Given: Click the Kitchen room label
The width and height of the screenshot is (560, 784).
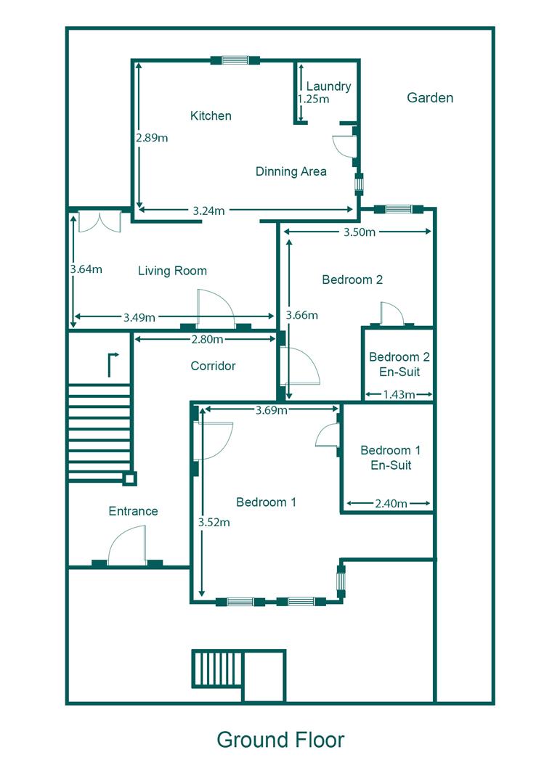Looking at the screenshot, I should pyautogui.click(x=211, y=116).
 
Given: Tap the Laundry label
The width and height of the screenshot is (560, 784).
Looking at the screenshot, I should pyautogui.click(x=328, y=86).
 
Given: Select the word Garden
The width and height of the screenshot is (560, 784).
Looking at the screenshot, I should pyautogui.click(x=430, y=97).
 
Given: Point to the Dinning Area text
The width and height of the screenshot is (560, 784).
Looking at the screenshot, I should pyautogui.click(x=291, y=172).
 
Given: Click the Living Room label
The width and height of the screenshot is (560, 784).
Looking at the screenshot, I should pyautogui.click(x=172, y=271).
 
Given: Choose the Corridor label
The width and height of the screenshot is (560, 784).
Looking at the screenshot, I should pyautogui.click(x=213, y=366).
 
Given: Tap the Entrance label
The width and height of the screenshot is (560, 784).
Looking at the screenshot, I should pyautogui.click(x=133, y=511).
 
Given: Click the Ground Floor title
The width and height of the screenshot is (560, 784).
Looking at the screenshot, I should pyautogui.click(x=280, y=740).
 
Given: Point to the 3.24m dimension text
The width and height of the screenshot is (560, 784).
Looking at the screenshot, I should pyautogui.click(x=208, y=211).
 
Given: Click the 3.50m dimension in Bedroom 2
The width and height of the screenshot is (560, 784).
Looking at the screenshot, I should pyautogui.click(x=359, y=232).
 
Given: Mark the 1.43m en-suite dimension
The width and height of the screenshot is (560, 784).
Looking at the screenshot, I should pyautogui.click(x=399, y=395).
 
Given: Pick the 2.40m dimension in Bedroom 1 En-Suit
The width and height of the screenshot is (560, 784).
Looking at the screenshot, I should pyautogui.click(x=390, y=503).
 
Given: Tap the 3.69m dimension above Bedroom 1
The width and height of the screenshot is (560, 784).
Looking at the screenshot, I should pyautogui.click(x=272, y=410).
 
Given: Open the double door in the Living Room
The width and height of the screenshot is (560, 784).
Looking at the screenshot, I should pyautogui.click(x=100, y=221).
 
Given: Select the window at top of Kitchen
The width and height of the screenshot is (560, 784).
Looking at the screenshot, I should pyautogui.click(x=235, y=60).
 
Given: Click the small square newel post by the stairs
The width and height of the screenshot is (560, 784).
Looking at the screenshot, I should pyautogui.click(x=129, y=478).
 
